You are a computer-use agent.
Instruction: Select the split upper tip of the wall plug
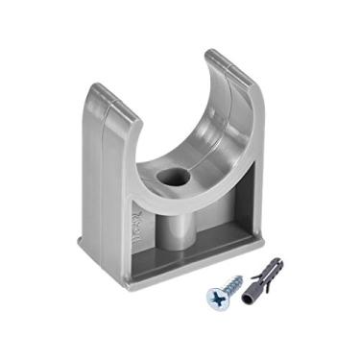[280, 259]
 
